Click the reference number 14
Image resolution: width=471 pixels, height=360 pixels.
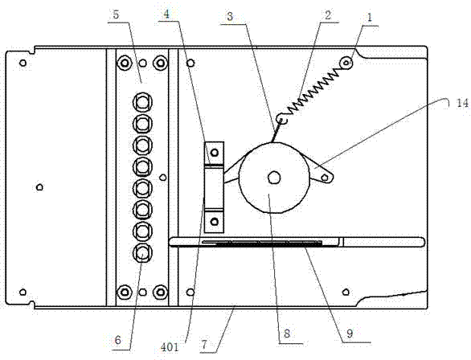pos(461,104)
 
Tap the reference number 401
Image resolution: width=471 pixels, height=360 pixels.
pos(170,347)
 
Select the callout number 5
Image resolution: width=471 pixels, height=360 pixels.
pos(116,14)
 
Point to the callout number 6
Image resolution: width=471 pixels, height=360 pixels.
pos(117,341)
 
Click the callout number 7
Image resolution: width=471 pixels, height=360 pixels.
pos(205,345)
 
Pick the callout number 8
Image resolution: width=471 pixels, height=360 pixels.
pos(287,333)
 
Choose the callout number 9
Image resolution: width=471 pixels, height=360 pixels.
pos(350,333)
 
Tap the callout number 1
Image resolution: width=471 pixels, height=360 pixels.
pos(370,17)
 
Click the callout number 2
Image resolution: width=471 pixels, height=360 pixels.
pos(328,15)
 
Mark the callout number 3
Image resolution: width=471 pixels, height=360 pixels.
pos(230,16)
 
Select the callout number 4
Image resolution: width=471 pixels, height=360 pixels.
pos(166,14)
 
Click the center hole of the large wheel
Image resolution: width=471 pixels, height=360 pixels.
pos(274,178)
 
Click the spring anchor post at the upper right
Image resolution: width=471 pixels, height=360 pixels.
pos(346,63)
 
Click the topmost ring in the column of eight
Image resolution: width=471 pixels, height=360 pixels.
pos(142,102)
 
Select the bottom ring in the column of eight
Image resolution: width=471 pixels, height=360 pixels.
pos(142,253)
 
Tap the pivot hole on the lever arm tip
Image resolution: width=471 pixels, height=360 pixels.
pos(325,178)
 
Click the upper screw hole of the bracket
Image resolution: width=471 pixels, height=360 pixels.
pos(214,153)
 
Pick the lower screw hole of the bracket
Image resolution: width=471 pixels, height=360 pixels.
pos(214,222)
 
